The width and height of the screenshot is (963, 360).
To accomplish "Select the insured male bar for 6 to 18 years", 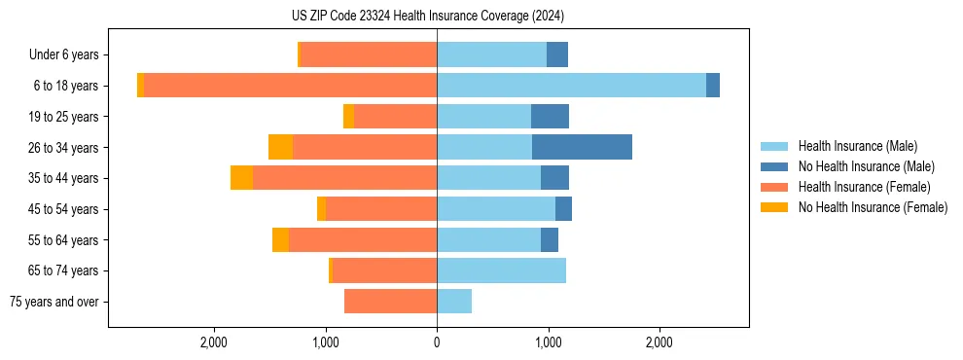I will [x=571, y=86].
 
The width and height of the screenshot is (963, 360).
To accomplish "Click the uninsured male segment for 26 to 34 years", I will [x=582, y=147].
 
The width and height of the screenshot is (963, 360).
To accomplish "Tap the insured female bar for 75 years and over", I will [x=390, y=302].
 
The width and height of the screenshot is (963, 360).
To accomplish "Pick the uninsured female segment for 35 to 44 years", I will [x=241, y=178].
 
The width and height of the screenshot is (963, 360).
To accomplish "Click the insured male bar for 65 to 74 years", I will [x=501, y=270].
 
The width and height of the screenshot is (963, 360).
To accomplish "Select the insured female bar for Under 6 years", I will [x=368, y=54].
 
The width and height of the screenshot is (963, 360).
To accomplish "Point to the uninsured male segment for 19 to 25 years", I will [x=550, y=117].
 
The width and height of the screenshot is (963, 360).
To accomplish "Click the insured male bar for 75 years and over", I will [x=454, y=302].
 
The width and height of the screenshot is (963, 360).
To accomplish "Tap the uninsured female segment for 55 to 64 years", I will [x=280, y=239].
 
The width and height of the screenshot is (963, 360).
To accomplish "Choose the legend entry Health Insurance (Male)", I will [x=857, y=146].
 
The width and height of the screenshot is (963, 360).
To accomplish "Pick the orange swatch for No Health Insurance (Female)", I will [x=774, y=207].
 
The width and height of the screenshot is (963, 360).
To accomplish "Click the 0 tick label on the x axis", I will [x=437, y=342].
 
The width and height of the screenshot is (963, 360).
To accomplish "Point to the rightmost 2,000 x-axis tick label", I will [x=660, y=342].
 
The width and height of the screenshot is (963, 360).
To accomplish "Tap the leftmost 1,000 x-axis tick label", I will [x=325, y=342].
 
